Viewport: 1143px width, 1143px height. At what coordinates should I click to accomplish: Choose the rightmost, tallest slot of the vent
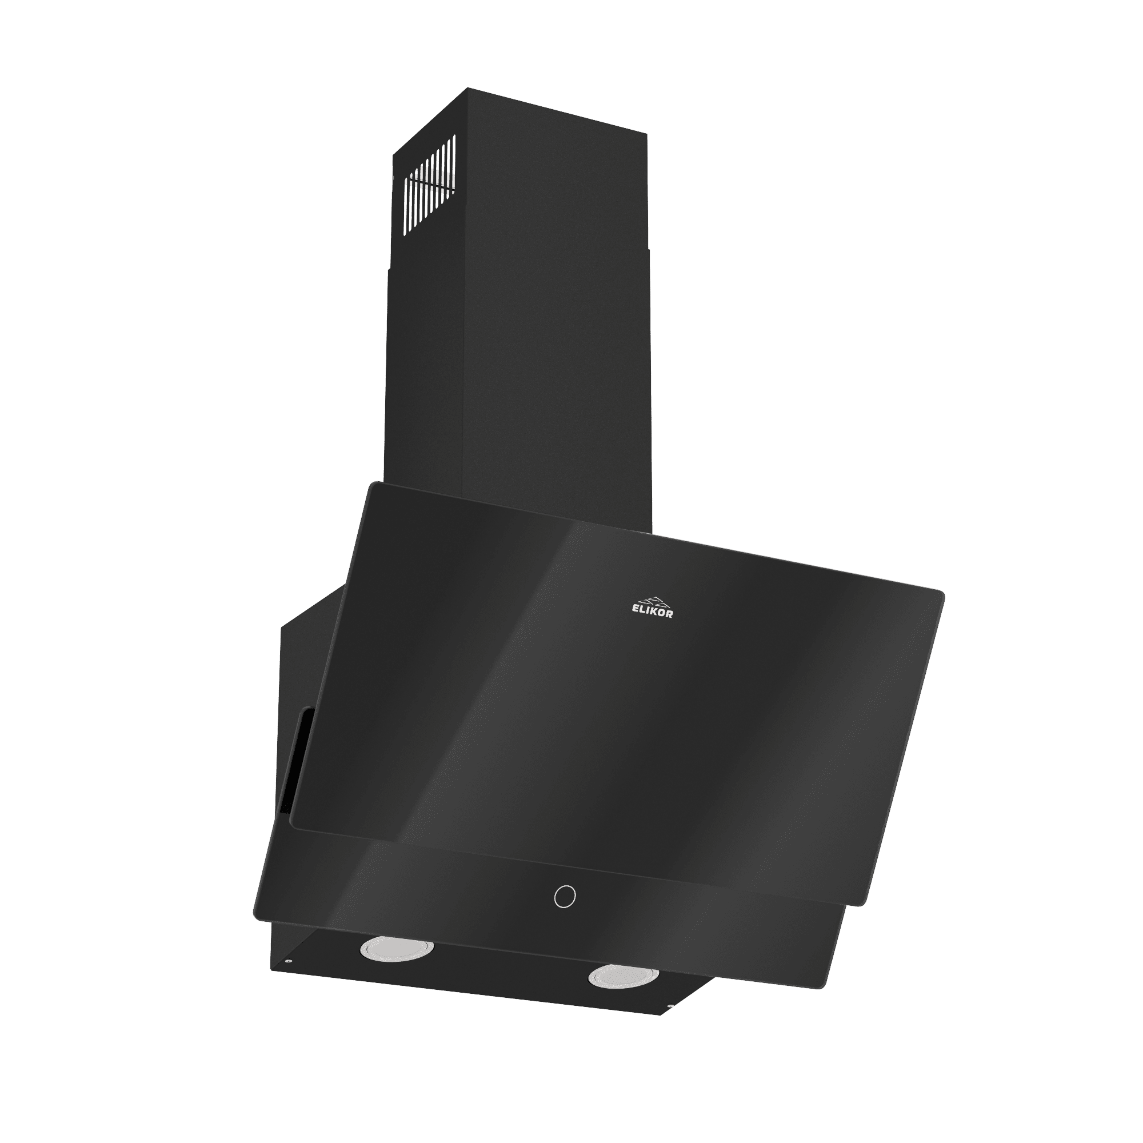click(x=453, y=165)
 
